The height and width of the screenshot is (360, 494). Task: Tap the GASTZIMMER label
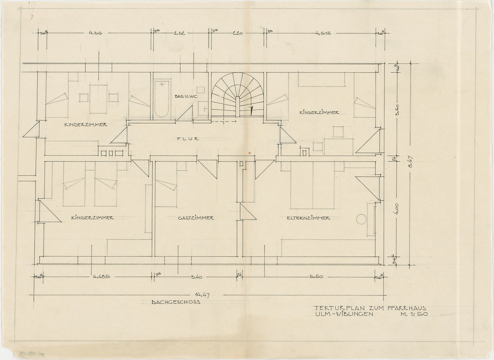tap(196, 218)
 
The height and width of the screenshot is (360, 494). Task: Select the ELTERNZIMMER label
tap(308, 218)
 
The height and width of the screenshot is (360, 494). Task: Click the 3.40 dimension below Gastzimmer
tap(196, 277)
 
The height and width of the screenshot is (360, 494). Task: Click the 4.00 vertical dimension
tap(396, 209)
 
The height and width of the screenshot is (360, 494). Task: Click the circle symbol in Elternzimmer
tap(361, 219)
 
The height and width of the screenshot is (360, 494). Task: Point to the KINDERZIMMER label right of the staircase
tap(319, 112)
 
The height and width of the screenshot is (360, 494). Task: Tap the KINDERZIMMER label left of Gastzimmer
tap(92, 218)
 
